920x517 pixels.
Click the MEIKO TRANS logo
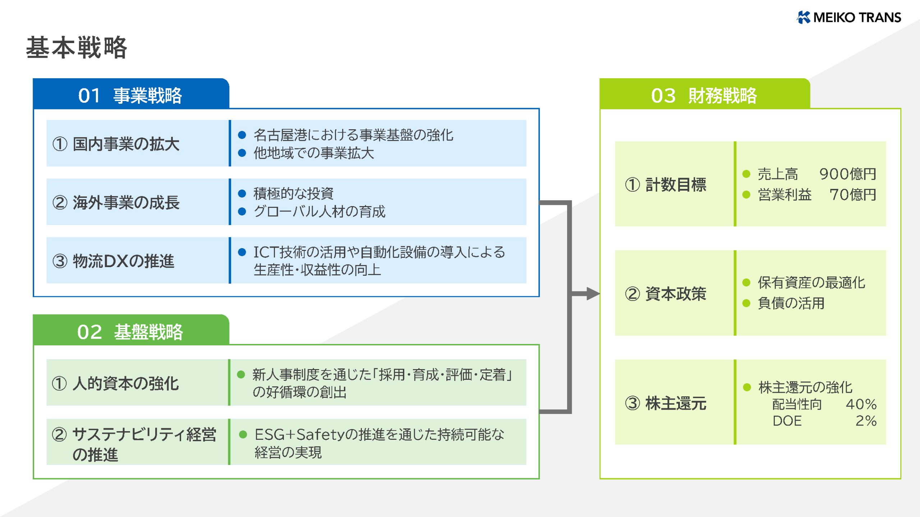click(849, 17)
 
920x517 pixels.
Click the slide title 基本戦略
click(77, 48)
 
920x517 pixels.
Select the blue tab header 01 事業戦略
click(130, 96)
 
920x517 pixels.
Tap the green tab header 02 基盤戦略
click(130, 332)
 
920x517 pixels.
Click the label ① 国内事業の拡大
click(116, 144)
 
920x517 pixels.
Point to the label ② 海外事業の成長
click(116, 202)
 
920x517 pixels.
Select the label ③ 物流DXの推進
click(114, 261)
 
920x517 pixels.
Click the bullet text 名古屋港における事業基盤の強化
click(353, 135)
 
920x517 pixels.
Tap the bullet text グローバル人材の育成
click(319, 211)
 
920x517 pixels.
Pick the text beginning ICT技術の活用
click(379, 252)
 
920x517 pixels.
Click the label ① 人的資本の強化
click(115, 383)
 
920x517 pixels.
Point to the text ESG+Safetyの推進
click(379, 435)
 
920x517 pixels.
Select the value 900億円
click(847, 174)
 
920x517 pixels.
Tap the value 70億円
click(852, 195)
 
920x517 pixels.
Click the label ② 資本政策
click(666, 294)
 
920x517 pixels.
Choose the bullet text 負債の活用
click(791, 303)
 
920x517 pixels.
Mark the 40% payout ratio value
click(861, 404)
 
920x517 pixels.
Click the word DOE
click(787, 421)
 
